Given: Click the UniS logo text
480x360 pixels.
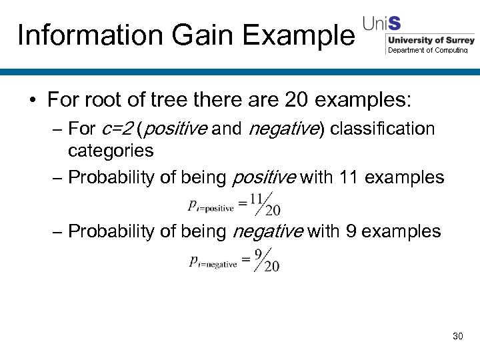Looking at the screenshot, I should [x=381, y=24].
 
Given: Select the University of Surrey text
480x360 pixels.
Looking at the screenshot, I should [x=431, y=41].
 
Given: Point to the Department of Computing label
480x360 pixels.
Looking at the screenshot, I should [x=428, y=50].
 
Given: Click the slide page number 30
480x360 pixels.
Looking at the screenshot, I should [x=457, y=336].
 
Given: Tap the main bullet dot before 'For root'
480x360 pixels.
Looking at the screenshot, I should [x=32, y=101].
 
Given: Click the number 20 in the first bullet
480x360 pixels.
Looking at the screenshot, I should [x=297, y=101].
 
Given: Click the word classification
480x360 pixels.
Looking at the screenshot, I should [x=382, y=129].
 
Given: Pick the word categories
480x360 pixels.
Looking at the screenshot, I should [x=111, y=151].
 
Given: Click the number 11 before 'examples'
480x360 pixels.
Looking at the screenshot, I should [x=349, y=177].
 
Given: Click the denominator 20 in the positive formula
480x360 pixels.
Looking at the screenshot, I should [x=272, y=211].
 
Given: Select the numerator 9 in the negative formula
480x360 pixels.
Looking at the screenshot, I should [x=258, y=253].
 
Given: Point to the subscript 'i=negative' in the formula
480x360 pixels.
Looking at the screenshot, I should [x=217, y=264].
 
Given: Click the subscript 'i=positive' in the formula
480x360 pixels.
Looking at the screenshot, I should [x=215, y=209].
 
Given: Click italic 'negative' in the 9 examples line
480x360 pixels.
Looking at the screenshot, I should [x=267, y=231].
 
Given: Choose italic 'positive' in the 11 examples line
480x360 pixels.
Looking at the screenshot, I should [x=263, y=177].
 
